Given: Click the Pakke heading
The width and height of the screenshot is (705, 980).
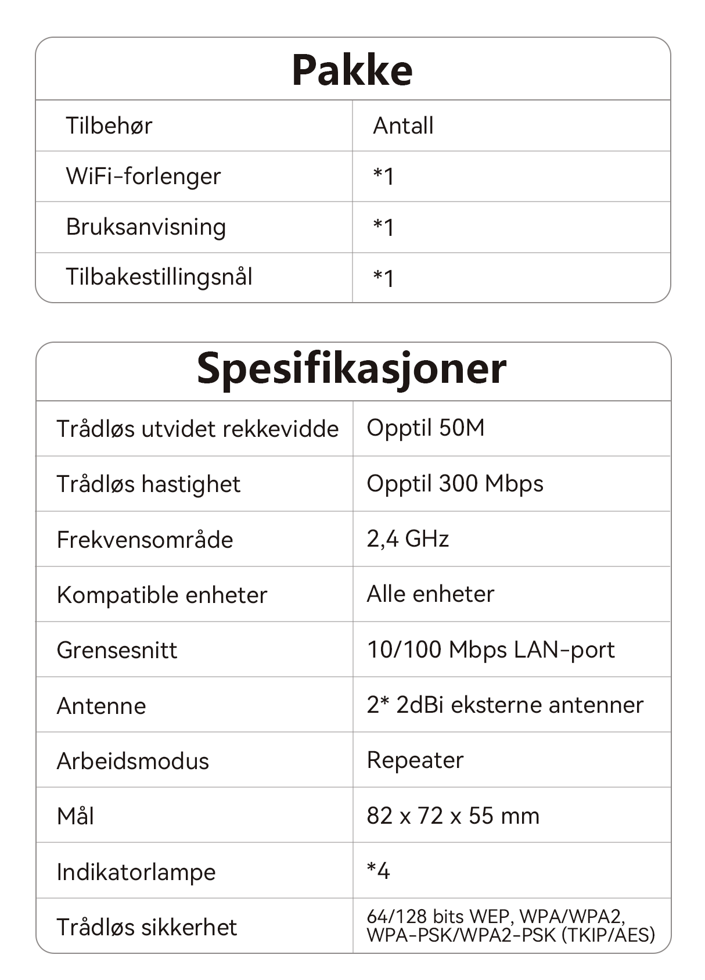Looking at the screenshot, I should tap(352, 70).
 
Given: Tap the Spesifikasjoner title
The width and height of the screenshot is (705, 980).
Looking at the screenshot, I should tap(352, 369).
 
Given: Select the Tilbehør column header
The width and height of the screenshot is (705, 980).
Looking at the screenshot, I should tap(109, 125).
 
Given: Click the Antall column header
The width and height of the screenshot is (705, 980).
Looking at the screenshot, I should tap(403, 125).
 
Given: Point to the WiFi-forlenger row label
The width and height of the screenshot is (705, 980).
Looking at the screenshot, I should tap(143, 176).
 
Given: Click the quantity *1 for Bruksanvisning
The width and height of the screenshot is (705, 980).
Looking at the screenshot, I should tap(383, 227).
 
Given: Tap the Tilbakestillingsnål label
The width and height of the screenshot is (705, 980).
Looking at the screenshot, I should tap(159, 277).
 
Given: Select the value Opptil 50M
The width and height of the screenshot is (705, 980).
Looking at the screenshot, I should tap(426, 428).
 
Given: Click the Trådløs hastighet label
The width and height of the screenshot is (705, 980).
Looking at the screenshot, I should tap(149, 484).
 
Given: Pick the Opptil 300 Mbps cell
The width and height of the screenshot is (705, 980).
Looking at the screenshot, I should tap(455, 483).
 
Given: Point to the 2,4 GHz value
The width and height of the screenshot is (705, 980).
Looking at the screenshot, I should tap(408, 539).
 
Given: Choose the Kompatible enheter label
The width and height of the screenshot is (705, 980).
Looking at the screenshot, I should tap(162, 595).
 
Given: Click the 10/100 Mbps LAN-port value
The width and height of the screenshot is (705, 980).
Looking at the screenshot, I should tap(491, 649).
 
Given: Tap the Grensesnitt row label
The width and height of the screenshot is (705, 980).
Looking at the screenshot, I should tap(117, 650).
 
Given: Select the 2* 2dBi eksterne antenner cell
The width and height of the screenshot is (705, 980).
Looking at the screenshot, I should tap(505, 705).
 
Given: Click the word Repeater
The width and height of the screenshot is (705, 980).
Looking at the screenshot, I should tap(415, 760).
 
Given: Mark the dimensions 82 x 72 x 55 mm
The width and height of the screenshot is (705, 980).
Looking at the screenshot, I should tap(453, 816).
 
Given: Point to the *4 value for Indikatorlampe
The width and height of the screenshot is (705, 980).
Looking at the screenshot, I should tap(379, 871).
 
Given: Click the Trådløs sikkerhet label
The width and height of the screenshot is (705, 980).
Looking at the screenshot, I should tap(147, 927).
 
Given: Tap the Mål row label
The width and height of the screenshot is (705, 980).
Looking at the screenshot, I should tap(75, 816).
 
